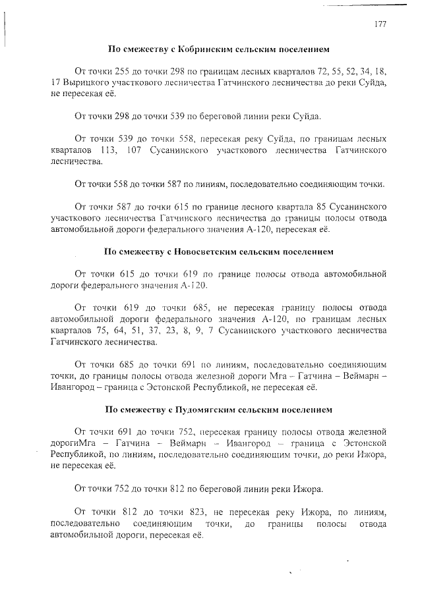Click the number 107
pos(132,151)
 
